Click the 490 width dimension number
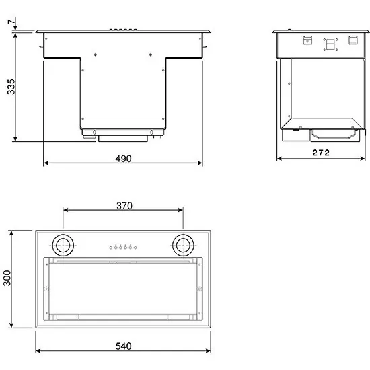pos(123,158)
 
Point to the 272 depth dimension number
pos(321,153)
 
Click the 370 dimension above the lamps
pos(123,205)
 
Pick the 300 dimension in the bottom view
pos(7,279)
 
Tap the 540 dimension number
pos(123,346)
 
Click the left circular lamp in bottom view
pos(65,245)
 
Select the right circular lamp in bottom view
pos(182,245)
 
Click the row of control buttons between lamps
pos(123,248)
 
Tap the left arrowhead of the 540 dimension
pos(37,350)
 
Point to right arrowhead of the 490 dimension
pos(200,163)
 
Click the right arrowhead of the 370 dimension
pos(182,209)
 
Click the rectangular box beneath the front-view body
pos(123,138)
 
